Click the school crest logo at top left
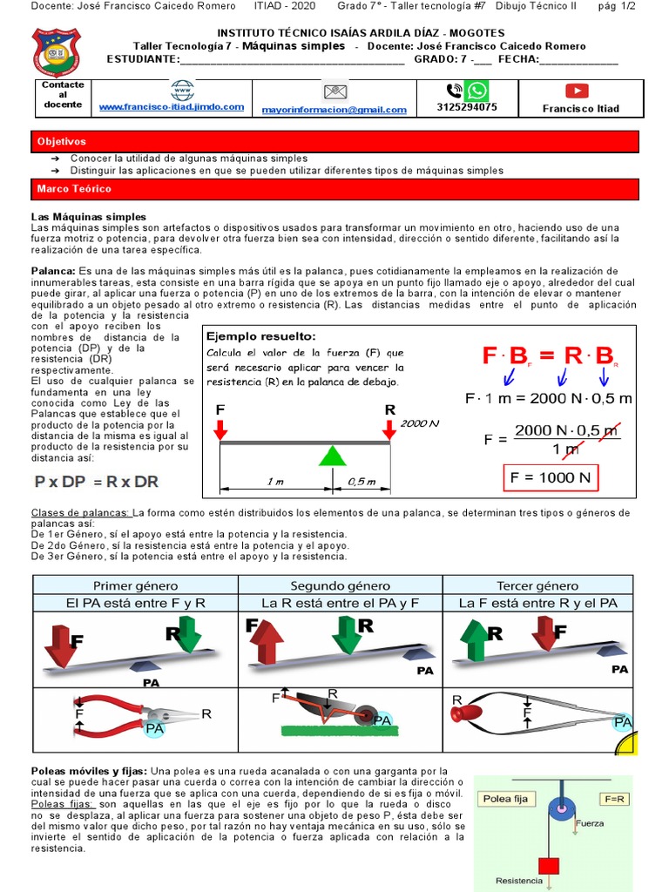56,52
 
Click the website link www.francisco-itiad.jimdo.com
171,106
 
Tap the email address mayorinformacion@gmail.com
334,110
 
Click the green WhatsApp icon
476,91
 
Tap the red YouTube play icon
577,91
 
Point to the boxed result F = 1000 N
550,477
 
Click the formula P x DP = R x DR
96,482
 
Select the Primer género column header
135,585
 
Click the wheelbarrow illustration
335,709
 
